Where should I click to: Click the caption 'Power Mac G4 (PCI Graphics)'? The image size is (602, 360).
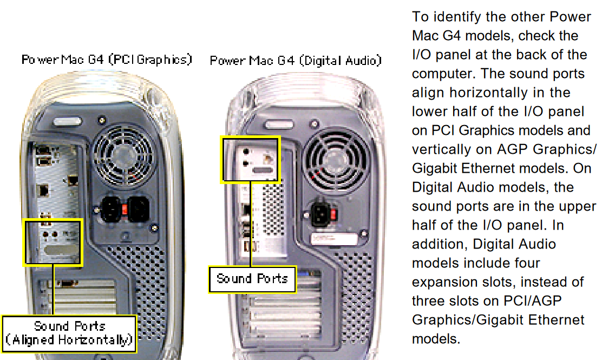coord(107,59)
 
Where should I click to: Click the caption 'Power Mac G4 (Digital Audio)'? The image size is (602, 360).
coord(296,60)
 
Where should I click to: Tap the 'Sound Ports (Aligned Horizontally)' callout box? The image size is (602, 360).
coord(69,333)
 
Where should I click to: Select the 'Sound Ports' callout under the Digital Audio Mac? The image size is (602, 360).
coord(252,279)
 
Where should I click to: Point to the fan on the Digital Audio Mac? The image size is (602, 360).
coord(330,158)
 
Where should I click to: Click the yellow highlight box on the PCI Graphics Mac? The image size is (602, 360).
coord(53,241)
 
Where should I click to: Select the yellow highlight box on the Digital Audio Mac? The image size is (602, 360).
coord(250,160)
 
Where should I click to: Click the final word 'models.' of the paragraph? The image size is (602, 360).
coord(436,339)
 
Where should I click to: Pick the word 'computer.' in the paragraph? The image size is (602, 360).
coord(443,74)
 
